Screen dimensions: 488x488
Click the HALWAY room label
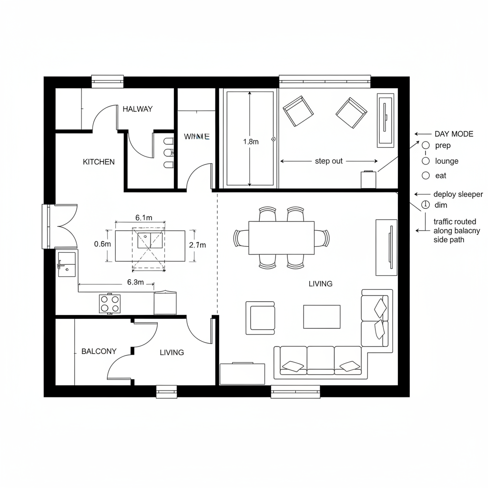click(138, 109)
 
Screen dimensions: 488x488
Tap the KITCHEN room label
click(99, 162)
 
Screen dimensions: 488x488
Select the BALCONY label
click(99, 351)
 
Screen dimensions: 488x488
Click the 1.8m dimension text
click(251, 142)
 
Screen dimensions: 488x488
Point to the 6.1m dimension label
click(143, 218)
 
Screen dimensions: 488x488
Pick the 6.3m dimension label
click(135, 282)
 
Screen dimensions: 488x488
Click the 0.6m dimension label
click(102, 244)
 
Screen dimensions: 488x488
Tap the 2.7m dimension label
click(197, 245)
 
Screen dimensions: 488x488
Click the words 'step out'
click(329, 161)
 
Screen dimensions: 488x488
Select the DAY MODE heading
click(454, 134)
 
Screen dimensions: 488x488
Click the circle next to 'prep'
click(426, 145)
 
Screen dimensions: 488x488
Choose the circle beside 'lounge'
click(426, 161)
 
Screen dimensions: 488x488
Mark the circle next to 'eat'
click(426, 175)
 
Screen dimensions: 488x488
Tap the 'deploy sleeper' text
click(458, 194)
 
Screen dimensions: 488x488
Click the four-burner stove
click(110, 304)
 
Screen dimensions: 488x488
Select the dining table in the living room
click(281, 238)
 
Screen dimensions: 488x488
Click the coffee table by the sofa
click(322, 317)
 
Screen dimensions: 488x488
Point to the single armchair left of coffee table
click(260, 317)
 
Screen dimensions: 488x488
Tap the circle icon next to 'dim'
click(426, 205)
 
